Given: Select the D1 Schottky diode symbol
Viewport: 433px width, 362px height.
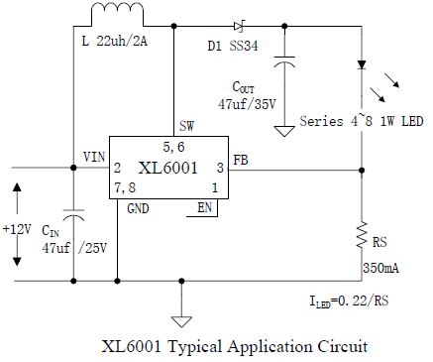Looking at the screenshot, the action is (x=239, y=26).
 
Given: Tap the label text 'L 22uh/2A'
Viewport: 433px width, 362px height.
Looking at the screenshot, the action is (x=114, y=42).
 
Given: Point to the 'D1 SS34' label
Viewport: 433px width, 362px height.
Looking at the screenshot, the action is (x=233, y=46).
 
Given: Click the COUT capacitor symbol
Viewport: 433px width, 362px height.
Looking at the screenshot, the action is (x=284, y=62).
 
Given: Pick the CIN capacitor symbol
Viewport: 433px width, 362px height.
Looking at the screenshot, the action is (x=73, y=215).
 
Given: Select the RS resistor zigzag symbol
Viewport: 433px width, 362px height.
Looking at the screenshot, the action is (x=362, y=235).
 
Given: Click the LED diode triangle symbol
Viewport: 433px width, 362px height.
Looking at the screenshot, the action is (x=362, y=64).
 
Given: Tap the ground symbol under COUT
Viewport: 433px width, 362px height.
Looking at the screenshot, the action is (x=284, y=131).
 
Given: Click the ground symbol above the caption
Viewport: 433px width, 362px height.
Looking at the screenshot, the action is (x=181, y=321).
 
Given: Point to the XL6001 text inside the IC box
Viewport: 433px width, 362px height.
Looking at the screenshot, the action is (x=167, y=168).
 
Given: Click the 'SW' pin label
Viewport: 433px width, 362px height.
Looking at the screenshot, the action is (x=186, y=126).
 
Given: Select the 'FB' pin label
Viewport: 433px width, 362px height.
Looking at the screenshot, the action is (x=241, y=160).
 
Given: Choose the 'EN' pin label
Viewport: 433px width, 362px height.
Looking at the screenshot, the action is (x=205, y=207).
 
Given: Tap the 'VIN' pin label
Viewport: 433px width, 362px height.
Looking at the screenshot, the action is (x=94, y=157).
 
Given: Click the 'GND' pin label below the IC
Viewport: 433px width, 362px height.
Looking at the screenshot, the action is (x=138, y=208).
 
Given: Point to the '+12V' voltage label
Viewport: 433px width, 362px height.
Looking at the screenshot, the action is (x=17, y=229).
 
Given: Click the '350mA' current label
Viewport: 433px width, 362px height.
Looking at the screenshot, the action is (x=380, y=268).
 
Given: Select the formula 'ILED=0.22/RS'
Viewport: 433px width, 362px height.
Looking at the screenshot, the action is (x=349, y=301).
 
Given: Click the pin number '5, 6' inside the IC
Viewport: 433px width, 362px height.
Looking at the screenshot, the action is (x=173, y=147).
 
